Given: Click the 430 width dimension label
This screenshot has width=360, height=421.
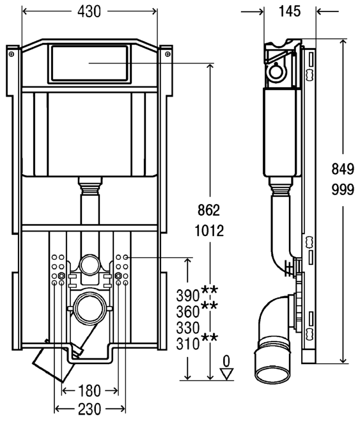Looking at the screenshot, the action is [89, 12].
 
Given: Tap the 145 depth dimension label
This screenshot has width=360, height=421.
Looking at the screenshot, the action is [290, 12].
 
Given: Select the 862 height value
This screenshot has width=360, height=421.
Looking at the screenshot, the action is [208, 210].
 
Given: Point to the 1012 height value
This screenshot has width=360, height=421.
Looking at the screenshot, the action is [209, 230].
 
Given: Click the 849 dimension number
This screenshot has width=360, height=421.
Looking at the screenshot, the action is [343, 169].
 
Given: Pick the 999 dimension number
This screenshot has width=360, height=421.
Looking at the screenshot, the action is [343, 189].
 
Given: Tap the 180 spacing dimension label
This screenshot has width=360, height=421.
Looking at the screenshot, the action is [90, 391].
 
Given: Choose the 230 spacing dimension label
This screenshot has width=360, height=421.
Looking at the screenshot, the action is [90, 409].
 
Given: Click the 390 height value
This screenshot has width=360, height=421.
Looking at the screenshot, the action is [188, 296].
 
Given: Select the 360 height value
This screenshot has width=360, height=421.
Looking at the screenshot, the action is [188, 312].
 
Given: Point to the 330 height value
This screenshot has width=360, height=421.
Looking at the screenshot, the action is [188, 328].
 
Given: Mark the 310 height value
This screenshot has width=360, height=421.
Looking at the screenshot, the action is [188, 344].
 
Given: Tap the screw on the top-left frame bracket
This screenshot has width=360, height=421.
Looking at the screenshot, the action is [11, 54].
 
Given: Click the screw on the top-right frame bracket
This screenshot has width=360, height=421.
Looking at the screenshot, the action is [168, 54].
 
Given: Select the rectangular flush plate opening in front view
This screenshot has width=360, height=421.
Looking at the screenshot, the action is [90, 63].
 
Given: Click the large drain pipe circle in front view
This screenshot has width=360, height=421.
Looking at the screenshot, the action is [90, 308].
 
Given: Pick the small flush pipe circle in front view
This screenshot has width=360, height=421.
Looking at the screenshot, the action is [90, 265].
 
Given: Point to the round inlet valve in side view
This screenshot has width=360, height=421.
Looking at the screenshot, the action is [277, 72].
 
